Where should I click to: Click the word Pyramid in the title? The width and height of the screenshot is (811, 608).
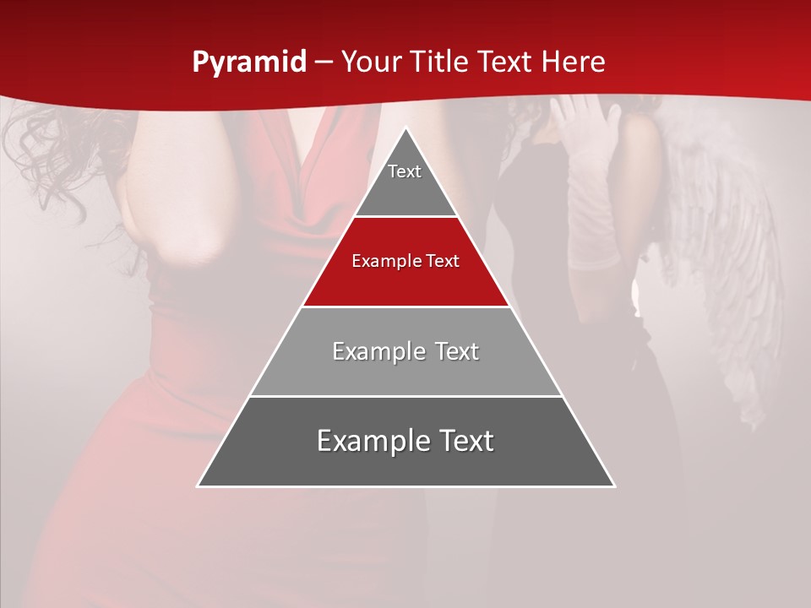pyautogui.click(x=248, y=62)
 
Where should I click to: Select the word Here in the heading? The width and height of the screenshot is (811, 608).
pyautogui.click(x=573, y=62)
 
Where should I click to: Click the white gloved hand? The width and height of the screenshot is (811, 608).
pyautogui.click(x=587, y=127)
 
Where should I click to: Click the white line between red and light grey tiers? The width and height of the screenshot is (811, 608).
pyautogui.click(x=405, y=307)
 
